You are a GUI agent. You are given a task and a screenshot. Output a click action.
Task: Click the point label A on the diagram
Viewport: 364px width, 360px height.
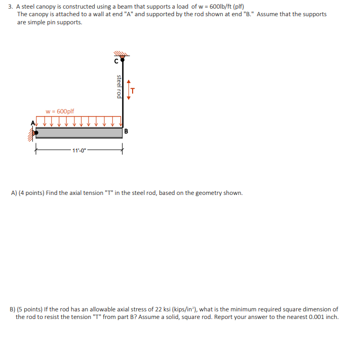34,122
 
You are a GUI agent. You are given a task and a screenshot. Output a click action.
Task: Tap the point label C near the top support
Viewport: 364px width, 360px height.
116,62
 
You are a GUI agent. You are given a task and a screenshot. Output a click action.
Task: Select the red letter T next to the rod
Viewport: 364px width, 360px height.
133,91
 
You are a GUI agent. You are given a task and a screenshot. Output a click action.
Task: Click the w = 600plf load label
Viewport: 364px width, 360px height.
60,111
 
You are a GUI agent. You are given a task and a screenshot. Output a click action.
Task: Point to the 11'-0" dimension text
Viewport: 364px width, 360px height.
79,150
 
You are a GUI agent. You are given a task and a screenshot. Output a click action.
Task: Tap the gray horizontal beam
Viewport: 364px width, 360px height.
78,133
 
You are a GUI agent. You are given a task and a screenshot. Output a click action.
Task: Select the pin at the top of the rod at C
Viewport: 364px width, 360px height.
122,59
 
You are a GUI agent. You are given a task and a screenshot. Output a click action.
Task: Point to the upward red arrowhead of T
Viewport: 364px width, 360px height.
128,81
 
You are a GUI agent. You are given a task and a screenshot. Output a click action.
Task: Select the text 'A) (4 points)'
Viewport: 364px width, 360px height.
27,193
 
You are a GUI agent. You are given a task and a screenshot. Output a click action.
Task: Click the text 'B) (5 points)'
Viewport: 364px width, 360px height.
27,309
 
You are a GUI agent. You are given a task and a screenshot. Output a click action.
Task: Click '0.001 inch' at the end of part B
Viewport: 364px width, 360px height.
321,317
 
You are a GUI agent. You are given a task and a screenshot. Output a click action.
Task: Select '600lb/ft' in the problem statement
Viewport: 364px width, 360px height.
220,6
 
